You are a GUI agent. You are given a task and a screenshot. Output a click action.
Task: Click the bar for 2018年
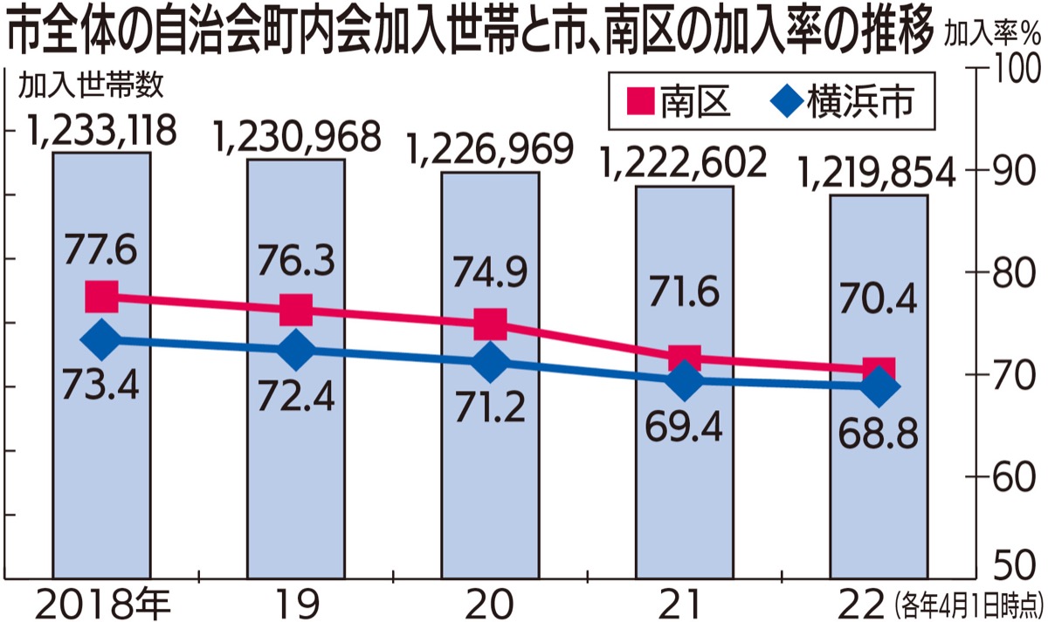(101, 436)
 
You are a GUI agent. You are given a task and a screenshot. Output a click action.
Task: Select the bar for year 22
(879, 489)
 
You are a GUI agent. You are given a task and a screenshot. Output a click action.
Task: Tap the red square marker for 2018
(101, 297)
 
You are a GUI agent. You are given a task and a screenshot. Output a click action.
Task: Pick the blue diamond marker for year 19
(296, 352)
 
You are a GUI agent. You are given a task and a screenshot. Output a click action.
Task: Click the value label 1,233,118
(101, 132)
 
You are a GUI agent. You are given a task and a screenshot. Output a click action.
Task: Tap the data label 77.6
(101, 251)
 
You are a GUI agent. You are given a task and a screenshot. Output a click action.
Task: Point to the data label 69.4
(685, 423)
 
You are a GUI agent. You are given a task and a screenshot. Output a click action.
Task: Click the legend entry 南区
(672, 102)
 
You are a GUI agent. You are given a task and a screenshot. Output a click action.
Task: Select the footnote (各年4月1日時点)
(969, 601)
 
